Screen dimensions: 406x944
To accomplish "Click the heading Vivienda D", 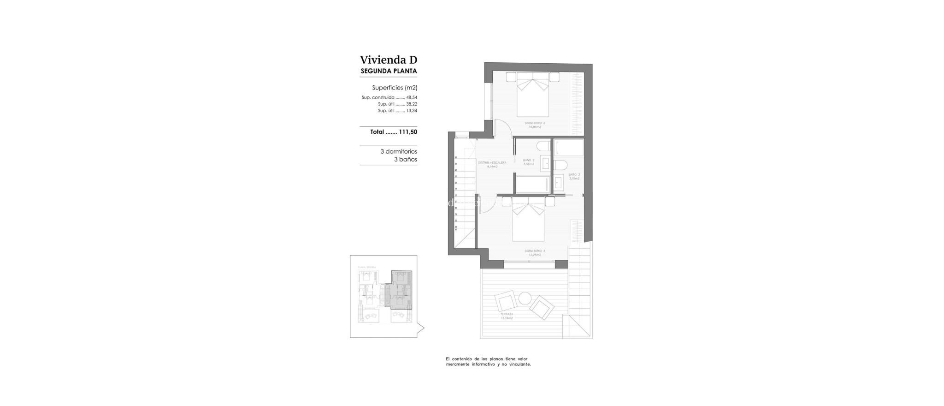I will click(388, 60).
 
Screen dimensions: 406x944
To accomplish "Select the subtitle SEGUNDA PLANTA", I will click(388, 71).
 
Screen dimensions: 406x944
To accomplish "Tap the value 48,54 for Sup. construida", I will click(411, 98).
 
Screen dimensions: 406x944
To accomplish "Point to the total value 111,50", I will click(408, 132).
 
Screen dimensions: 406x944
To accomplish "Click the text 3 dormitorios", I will click(398, 151).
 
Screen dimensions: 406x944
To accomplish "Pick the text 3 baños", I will click(405, 160).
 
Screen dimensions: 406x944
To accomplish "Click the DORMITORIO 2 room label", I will click(535, 123).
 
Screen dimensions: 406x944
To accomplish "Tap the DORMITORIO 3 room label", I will click(535, 251).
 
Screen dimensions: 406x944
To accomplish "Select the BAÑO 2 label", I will click(529, 160).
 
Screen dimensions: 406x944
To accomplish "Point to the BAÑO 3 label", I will click(574, 174).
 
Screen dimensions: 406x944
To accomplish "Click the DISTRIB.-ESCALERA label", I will click(492, 162).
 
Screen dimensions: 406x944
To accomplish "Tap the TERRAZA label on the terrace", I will click(507, 314).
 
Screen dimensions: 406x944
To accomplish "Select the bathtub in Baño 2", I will click(531, 184).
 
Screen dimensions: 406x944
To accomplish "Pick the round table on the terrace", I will click(525, 299).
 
